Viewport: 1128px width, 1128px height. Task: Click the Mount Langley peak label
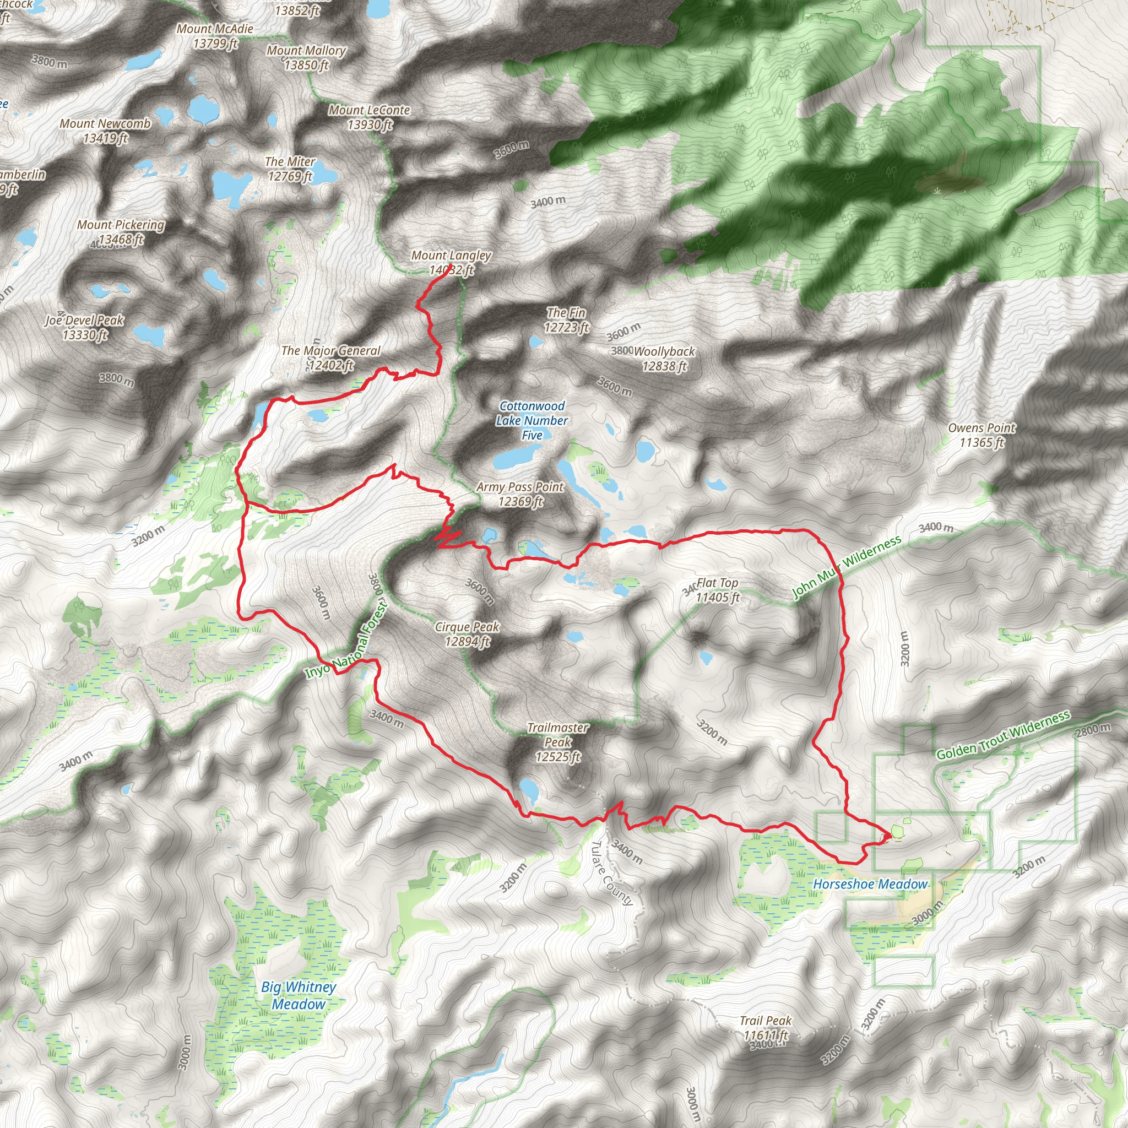point(451,262)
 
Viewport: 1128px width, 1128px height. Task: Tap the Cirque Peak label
point(467,634)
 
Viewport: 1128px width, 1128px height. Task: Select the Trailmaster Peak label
point(557,742)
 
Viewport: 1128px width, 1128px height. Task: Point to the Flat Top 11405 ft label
point(718,590)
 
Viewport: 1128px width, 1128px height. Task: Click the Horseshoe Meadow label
point(870,884)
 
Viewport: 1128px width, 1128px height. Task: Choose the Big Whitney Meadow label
point(299,995)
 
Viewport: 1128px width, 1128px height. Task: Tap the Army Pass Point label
point(520,494)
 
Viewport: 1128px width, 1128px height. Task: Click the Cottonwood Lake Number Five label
point(532,420)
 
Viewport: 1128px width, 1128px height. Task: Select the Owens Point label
point(981,435)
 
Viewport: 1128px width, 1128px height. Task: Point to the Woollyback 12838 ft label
point(664,359)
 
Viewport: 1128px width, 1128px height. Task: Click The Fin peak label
point(566,320)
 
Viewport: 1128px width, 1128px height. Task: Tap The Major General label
point(331,358)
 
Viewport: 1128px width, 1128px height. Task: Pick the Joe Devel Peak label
point(85,327)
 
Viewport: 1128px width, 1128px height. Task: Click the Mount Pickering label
point(121,232)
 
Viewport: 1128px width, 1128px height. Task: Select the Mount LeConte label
point(370,117)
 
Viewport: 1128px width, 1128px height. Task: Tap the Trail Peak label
point(766,1028)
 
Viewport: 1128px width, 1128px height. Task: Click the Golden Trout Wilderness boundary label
point(1003,736)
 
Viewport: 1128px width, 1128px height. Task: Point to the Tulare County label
point(611,874)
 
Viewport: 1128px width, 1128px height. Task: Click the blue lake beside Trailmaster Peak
point(529,789)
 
